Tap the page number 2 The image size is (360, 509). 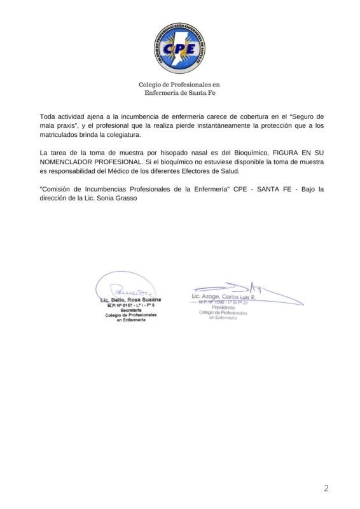[326, 489]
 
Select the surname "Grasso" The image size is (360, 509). [124, 199]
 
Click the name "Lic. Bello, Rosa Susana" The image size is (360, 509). [130, 299]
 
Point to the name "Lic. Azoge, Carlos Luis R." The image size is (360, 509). [223, 298]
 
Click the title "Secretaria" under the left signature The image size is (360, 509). [130, 310]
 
